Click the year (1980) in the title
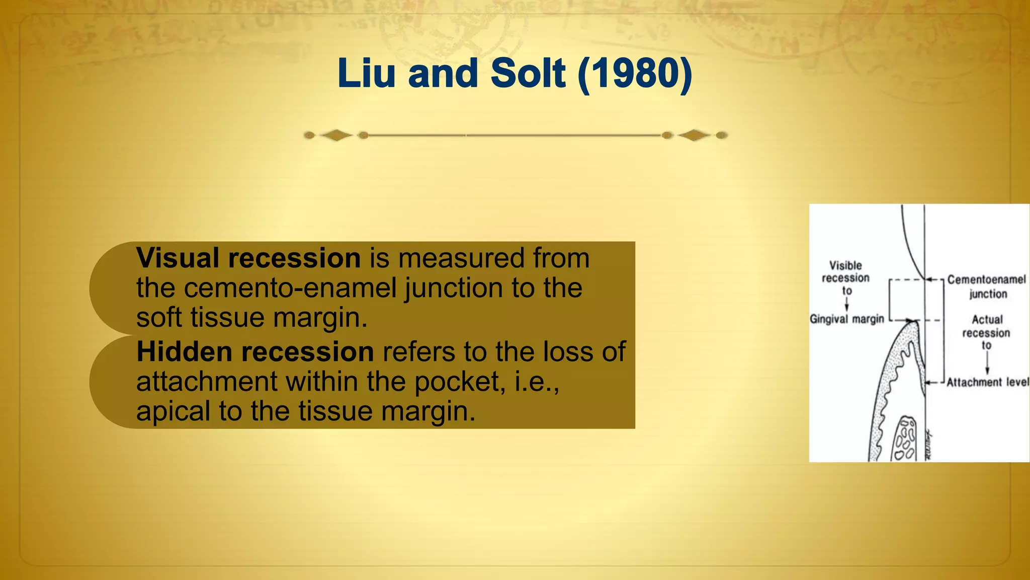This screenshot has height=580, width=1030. point(635,74)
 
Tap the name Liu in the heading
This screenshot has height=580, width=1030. point(366,74)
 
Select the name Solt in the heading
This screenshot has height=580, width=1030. point(528,74)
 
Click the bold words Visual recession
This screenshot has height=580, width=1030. point(248,258)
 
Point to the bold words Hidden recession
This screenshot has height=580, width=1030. point(255,352)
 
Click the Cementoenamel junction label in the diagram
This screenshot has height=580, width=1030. point(986,286)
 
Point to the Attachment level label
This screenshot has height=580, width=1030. point(987,383)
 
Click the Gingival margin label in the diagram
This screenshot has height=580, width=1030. point(847,319)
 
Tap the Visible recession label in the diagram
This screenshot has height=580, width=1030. point(845,271)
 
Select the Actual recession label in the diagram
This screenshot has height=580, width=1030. point(986,326)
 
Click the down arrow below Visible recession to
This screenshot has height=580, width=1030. point(847,304)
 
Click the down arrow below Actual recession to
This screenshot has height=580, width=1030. point(987,362)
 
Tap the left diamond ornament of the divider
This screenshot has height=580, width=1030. point(336,135)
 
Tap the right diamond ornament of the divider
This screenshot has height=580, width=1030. point(694,135)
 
